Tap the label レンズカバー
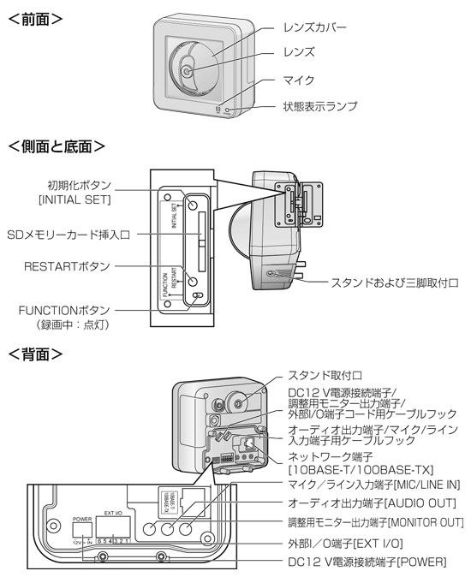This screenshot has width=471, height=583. pyautogui.click(x=315, y=27)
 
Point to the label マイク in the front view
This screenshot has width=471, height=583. pyautogui.click(x=297, y=80)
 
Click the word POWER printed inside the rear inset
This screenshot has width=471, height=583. pyautogui.click(x=82, y=518)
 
